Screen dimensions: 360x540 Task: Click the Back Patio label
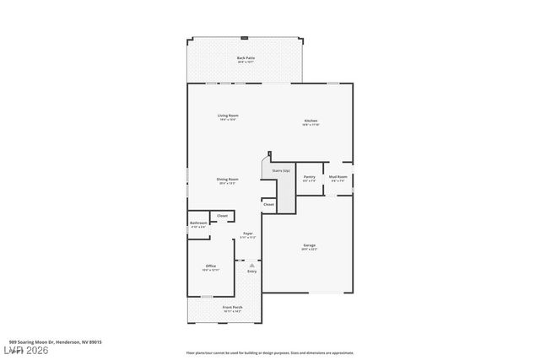click(x=246, y=58)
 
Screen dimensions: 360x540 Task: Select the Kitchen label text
click(x=311, y=121)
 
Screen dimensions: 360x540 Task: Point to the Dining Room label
click(x=227, y=179)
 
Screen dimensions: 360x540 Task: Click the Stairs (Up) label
click(x=281, y=170)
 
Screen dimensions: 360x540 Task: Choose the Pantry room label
click(x=310, y=177)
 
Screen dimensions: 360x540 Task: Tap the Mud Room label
click(x=338, y=177)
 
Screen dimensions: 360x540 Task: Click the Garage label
click(x=310, y=245)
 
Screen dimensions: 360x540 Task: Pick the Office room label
click(x=211, y=266)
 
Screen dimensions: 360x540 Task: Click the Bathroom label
click(x=198, y=223)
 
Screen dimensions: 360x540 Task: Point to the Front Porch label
click(x=232, y=308)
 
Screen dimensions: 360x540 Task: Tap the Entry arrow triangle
click(x=251, y=265)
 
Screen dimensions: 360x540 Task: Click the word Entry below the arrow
click(x=251, y=271)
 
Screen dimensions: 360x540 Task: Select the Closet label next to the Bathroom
click(x=223, y=216)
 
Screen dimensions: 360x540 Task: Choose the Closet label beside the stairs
click(x=268, y=204)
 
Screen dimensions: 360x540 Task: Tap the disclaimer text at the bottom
click(x=269, y=353)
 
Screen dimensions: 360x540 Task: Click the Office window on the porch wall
click(x=207, y=296)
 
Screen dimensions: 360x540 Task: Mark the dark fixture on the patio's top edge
click(x=245, y=38)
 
